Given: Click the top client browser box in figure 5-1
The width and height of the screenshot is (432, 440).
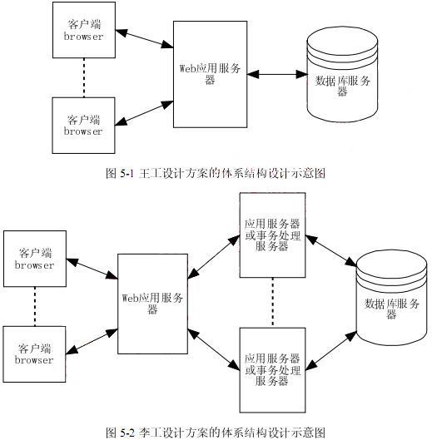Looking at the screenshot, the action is (x=84, y=30).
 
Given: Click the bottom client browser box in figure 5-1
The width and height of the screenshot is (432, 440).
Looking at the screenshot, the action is (x=84, y=126).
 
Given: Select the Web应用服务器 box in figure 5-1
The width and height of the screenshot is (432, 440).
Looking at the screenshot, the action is (x=210, y=74).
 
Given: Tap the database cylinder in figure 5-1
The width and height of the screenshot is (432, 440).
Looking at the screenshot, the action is (x=342, y=74).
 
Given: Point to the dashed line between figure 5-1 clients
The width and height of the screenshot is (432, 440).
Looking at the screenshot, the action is (x=84, y=77).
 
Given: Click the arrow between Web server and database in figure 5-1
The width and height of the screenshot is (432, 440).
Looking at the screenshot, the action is (x=277, y=74).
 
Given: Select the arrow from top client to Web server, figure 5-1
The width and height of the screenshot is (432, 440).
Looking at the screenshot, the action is (x=144, y=38).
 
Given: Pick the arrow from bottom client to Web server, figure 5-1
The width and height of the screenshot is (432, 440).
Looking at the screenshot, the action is (x=144, y=113).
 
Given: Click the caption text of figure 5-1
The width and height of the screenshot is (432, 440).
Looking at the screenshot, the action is (x=216, y=173).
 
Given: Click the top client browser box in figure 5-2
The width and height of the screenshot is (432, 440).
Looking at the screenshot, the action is (x=35, y=259).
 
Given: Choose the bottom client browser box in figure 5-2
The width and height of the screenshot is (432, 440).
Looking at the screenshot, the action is (x=35, y=354).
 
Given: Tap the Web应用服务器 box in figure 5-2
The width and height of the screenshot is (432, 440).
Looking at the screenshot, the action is (x=152, y=304).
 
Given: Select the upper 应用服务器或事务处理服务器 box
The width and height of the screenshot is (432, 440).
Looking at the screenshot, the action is (x=272, y=235).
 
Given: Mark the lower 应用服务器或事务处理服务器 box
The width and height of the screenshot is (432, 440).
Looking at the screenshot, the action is (x=272, y=370).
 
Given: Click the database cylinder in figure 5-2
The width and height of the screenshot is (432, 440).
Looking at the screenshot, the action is (x=391, y=298).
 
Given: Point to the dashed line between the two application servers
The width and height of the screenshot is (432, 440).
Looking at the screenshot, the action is (x=272, y=303).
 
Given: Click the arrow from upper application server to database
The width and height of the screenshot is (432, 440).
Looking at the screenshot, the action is (x=331, y=251).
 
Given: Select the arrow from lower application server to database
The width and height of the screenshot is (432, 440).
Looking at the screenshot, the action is (x=331, y=351).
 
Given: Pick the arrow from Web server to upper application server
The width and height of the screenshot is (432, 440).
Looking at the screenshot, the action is (x=213, y=257).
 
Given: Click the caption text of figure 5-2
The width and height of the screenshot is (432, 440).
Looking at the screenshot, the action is (x=216, y=433).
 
